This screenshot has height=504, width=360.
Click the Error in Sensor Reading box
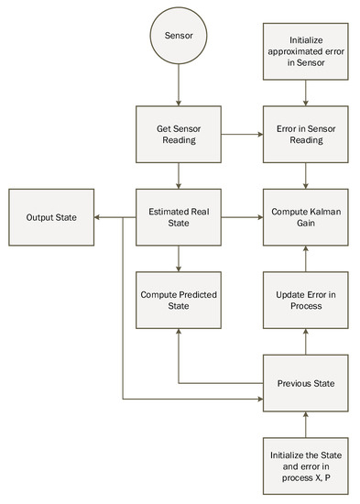click(307, 135)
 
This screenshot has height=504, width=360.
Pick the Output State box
click(50, 217)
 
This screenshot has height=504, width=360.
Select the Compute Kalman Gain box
click(307, 217)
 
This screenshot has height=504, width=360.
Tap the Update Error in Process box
click(307, 300)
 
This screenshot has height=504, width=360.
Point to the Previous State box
click(307, 383)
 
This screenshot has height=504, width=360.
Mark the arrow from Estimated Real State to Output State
click(112, 217)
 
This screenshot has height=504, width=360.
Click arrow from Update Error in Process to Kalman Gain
click(307, 258)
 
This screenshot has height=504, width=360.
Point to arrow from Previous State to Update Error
click(307, 341)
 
